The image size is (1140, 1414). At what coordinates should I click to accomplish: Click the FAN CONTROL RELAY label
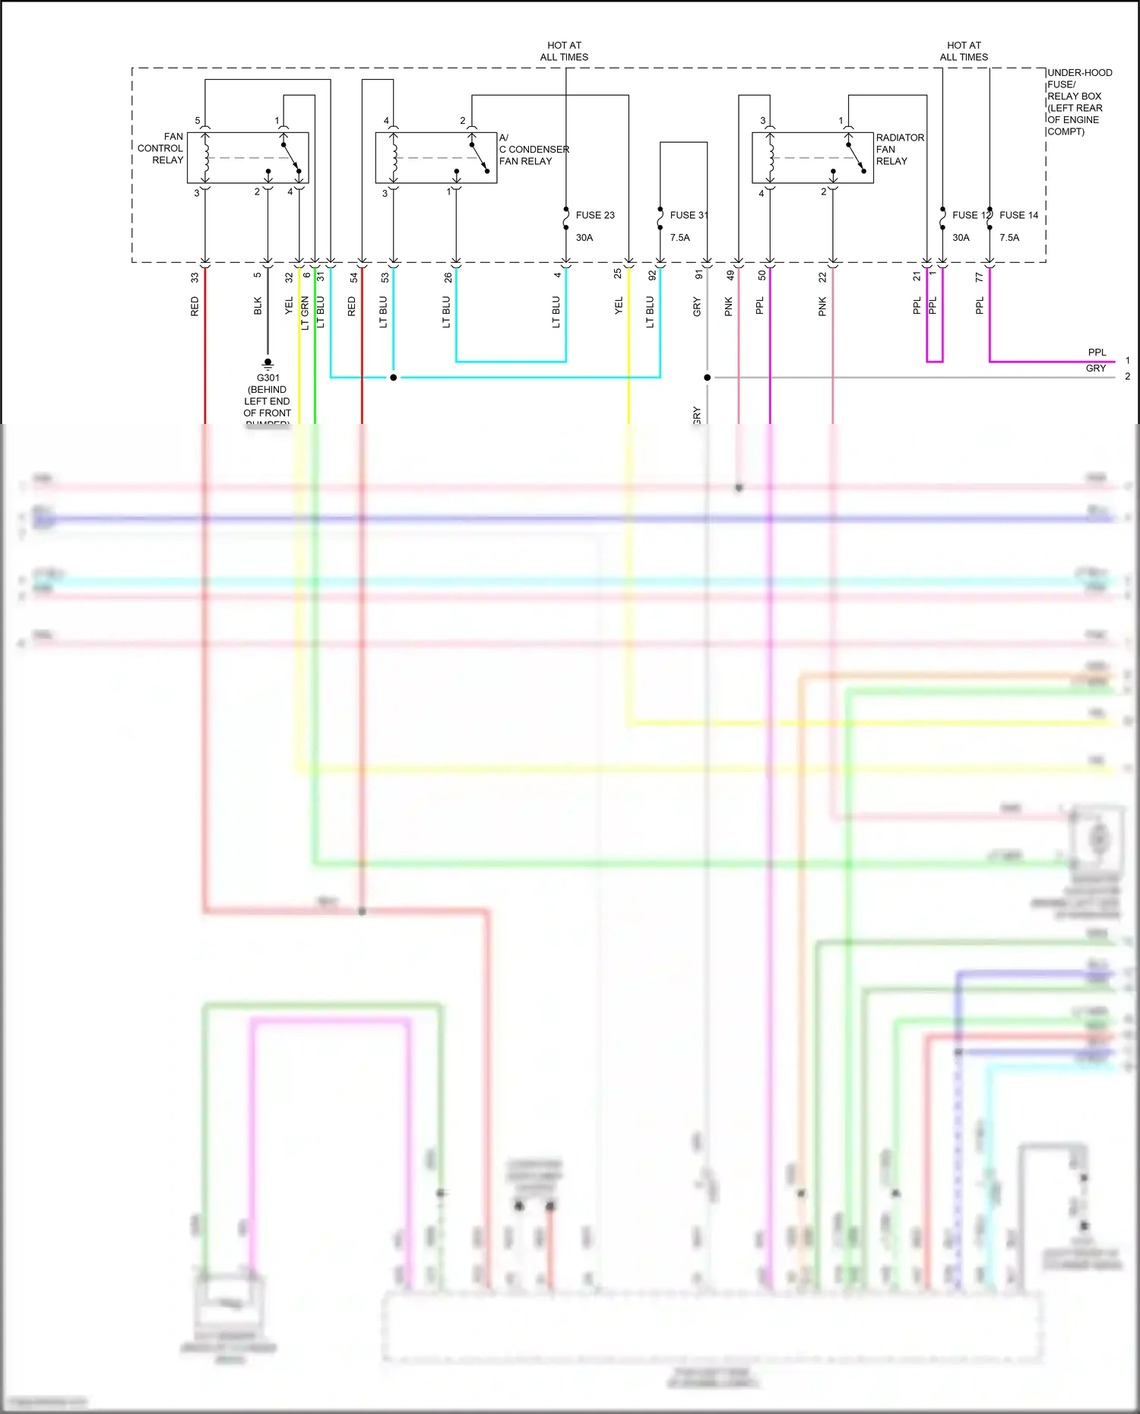coord(161,149)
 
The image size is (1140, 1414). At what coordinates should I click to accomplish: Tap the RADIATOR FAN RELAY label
coord(899,149)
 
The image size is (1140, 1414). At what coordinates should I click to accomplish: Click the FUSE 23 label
coord(595,216)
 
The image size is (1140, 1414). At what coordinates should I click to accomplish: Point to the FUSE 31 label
coord(688,216)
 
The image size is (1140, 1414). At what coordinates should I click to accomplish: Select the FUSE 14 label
coord(1018,216)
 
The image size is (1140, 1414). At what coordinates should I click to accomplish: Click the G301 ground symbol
coord(268,364)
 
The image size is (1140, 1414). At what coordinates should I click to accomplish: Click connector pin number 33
coord(195,278)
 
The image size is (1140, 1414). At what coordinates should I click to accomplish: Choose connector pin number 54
coord(353,278)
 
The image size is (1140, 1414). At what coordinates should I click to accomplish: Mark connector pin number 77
coord(979,278)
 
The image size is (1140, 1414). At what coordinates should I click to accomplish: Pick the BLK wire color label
coord(258,306)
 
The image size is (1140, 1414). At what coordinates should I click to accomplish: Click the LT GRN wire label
coord(305,313)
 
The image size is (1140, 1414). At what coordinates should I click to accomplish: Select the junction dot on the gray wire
coord(708,378)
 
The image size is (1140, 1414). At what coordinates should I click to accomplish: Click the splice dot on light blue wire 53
coord(394,378)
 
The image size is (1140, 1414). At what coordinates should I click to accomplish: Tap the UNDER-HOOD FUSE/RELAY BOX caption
coord(1078,102)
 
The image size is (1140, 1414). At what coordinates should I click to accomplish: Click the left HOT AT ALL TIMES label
coord(564,51)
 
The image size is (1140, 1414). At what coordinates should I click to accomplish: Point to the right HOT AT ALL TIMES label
coord(964,51)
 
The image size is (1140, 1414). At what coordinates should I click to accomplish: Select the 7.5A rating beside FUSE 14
coord(1009,238)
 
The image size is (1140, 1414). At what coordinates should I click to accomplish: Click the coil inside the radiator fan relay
coord(770,158)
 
